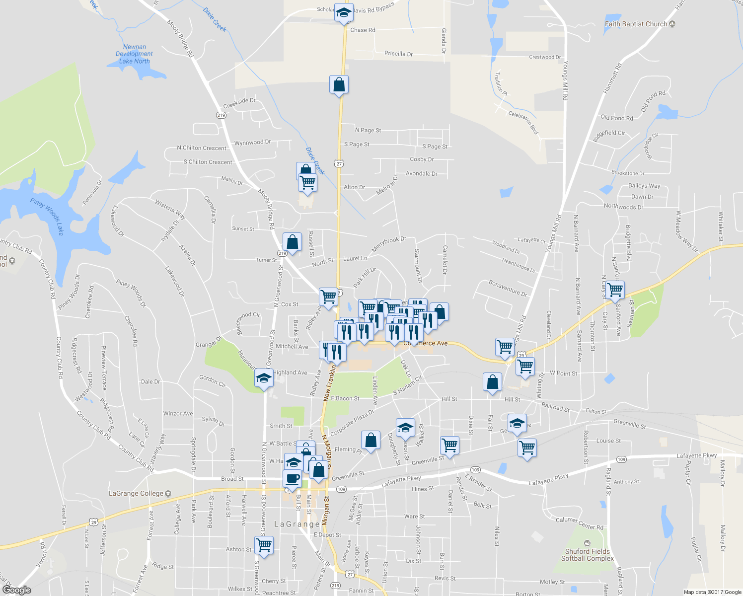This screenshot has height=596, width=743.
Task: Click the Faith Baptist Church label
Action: (636, 24)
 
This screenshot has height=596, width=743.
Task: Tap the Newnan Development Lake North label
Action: (134, 54)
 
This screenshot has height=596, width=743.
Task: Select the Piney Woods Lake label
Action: (48, 217)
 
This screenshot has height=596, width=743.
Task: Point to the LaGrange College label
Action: (136, 494)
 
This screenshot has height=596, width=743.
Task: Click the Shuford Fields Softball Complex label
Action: (587, 555)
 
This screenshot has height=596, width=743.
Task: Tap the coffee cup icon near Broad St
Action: (292, 478)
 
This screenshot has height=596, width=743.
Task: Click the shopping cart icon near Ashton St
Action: (264, 545)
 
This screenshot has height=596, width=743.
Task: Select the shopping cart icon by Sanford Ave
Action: (615, 289)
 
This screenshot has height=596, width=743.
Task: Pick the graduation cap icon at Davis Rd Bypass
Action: (344, 13)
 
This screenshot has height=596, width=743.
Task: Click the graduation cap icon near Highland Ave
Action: (264, 378)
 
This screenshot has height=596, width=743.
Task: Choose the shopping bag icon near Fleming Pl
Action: (371, 440)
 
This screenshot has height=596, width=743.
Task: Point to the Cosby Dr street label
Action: (422, 159)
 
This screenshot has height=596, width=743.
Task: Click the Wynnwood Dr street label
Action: (252, 143)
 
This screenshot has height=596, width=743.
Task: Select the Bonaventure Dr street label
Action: (508, 288)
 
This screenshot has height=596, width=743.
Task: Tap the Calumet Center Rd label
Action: (580, 523)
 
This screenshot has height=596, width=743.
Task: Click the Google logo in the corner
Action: (17, 590)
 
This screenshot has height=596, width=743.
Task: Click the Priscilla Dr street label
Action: (398, 54)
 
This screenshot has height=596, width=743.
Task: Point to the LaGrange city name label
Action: (297, 524)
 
